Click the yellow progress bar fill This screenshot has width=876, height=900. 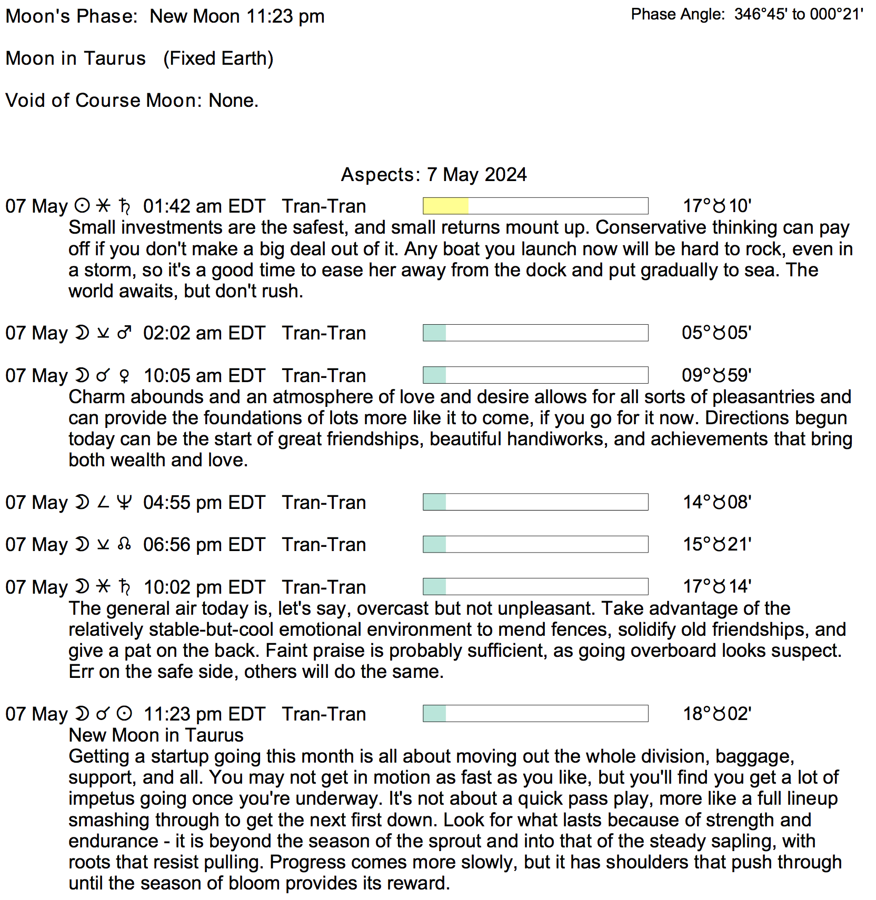click(445, 206)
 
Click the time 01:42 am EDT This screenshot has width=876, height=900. click(204, 206)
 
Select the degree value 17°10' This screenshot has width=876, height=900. click(716, 206)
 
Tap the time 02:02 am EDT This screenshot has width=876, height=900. click(204, 333)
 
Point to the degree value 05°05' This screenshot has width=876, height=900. click(716, 333)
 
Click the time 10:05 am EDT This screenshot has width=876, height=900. click(204, 376)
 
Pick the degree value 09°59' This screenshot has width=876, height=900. click(716, 375)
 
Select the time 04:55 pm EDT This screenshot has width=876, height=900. click(204, 503)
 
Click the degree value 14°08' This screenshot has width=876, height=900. click(716, 502)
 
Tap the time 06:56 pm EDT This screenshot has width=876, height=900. click(204, 545)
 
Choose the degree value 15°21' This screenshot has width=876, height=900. click(716, 544)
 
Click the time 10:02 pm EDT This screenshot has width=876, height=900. click(204, 587)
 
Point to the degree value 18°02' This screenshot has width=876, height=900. click(716, 714)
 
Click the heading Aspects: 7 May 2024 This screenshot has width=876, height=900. click(434, 175)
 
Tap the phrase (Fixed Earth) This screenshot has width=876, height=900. click(218, 58)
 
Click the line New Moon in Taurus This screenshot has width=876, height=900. click(156, 735)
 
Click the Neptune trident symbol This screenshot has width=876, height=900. click(124, 502)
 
